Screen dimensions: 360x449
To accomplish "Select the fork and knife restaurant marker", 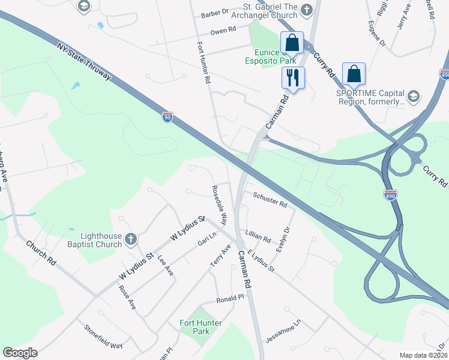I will [293, 78].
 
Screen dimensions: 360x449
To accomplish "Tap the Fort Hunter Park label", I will [200, 327].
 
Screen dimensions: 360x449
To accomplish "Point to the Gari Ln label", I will [206, 240].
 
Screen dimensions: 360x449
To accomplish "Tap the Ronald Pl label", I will [230, 298].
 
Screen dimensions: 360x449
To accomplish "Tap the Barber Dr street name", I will [215, 12].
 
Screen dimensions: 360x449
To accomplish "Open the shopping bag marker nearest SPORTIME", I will [354, 74].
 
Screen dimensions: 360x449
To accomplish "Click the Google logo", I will [20, 353].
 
